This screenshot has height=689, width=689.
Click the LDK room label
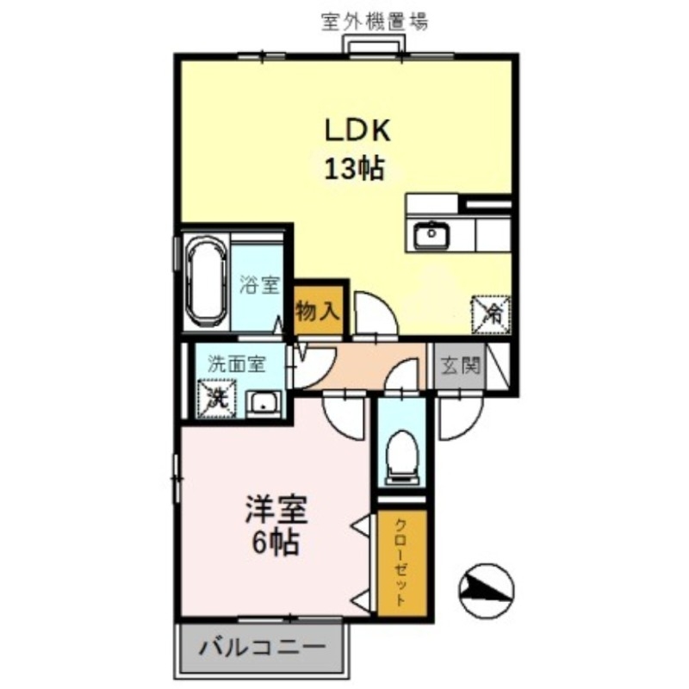[357, 131]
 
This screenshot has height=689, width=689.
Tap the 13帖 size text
[354, 169]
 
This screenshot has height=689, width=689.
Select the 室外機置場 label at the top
[374, 20]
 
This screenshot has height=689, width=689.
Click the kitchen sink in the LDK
[428, 234]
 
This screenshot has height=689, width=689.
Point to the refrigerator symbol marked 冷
[492, 311]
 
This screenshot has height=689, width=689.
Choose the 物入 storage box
[320, 310]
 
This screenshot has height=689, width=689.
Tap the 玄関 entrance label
[462, 366]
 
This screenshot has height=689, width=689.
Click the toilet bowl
[400, 455]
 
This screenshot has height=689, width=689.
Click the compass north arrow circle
[486, 590]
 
